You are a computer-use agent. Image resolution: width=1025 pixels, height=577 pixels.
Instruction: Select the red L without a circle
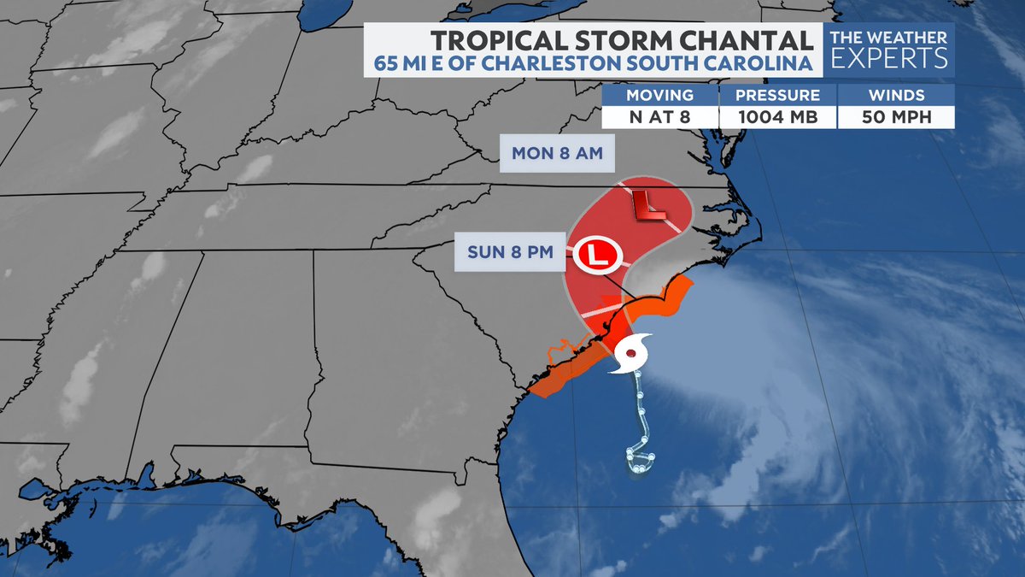pyautogui.click(x=647, y=204)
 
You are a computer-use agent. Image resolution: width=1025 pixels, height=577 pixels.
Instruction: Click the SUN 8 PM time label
pyautogui.click(x=509, y=252)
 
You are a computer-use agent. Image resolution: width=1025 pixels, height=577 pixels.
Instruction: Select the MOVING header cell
pyautogui.click(x=659, y=95)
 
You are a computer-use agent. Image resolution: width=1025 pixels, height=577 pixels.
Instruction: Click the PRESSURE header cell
pyautogui.click(x=777, y=95)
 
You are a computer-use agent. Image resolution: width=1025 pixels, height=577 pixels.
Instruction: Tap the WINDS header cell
pyautogui.click(x=895, y=95)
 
